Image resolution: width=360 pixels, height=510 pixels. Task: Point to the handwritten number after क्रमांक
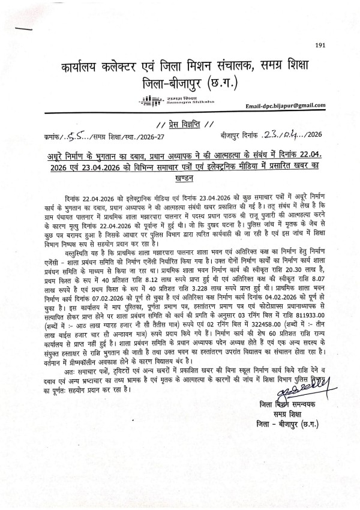(77, 137)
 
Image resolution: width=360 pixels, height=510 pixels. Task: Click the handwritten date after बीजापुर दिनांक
(282, 136)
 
